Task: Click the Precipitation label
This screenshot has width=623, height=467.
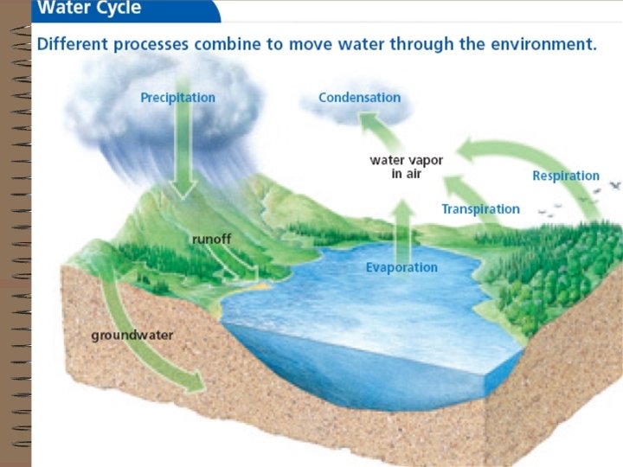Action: [178, 98]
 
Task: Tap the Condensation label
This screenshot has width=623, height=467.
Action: [359, 98]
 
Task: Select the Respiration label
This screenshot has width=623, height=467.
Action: [565, 176]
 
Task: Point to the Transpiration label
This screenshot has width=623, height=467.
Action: [480, 209]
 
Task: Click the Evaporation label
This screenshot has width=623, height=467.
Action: [401, 268]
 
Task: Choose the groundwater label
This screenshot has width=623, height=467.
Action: [132, 335]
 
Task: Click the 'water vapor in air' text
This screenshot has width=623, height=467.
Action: [406, 167]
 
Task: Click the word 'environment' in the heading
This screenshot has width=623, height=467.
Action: [543, 44]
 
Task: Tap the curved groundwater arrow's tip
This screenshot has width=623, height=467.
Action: [197, 381]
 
